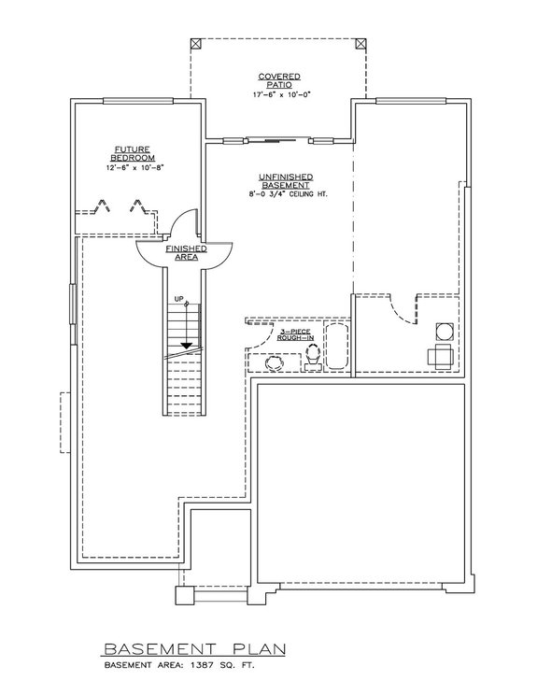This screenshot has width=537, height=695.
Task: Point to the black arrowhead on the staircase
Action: click(x=187, y=345)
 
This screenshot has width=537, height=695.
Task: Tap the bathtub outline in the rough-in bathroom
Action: click(x=338, y=347)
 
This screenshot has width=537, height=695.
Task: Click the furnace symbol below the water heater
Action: click(x=440, y=355)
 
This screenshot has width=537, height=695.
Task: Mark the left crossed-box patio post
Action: click(x=194, y=44)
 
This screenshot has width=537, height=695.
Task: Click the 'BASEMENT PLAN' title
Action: click(x=195, y=648)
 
